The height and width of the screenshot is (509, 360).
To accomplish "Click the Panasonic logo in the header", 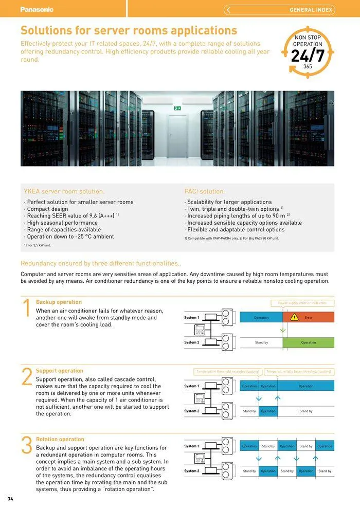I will pyautogui.click(x=37, y=9).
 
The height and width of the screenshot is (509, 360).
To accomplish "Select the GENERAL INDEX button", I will pyautogui.click(x=279, y=10).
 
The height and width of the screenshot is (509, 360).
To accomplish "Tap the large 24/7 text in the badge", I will pyautogui.click(x=308, y=56).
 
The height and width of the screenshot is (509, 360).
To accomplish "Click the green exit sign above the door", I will pyautogui.click(x=177, y=108).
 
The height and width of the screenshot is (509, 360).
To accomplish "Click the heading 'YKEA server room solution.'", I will pyautogui.click(x=64, y=191).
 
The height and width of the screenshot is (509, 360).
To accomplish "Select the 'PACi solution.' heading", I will pyautogui.click(x=205, y=191).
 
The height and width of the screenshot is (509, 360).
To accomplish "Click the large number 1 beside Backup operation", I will pyautogui.click(x=27, y=310).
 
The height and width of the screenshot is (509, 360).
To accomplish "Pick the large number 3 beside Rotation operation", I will pyautogui.click(x=27, y=446).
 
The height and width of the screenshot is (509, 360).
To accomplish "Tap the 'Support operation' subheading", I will pyautogui.click(x=59, y=371).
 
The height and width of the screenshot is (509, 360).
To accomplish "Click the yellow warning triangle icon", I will pyautogui.click(x=294, y=317).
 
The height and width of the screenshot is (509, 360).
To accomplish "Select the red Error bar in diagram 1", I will pyautogui.click(x=309, y=317).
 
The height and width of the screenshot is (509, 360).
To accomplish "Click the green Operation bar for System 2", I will pyautogui.click(x=309, y=342).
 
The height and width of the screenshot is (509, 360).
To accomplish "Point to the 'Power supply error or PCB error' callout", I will pyautogui.click(x=302, y=303).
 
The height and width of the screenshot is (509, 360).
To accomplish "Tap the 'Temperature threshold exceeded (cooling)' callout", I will pyautogui.click(x=228, y=371).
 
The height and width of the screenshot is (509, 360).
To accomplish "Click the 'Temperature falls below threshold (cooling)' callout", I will pyautogui.click(x=299, y=371).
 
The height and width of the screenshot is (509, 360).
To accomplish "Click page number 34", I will pyautogui.click(x=10, y=499).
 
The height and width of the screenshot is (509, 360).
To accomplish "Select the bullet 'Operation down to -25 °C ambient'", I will pyautogui.click(x=70, y=237).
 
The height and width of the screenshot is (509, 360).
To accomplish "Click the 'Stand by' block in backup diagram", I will pyautogui.click(x=261, y=342).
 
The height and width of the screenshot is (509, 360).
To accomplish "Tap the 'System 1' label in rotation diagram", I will pyautogui.click(x=191, y=446).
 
